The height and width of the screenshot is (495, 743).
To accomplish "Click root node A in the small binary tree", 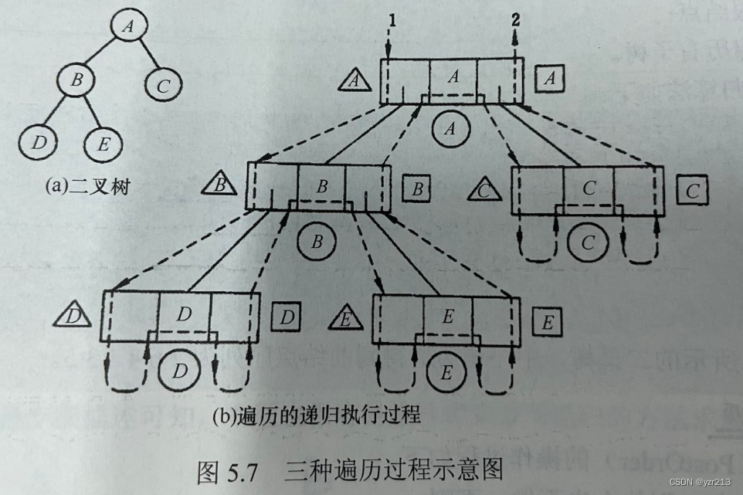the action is point(128,27).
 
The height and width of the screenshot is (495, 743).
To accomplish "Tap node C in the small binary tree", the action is point(161,86).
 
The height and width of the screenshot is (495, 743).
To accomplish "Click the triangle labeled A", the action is point(355,79).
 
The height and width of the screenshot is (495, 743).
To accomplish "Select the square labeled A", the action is point(549,77).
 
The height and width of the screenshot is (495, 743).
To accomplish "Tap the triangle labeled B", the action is point(220,186).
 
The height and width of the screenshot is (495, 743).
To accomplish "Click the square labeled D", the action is point(285,317).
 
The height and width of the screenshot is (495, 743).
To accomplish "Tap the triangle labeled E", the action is point(347,318).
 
